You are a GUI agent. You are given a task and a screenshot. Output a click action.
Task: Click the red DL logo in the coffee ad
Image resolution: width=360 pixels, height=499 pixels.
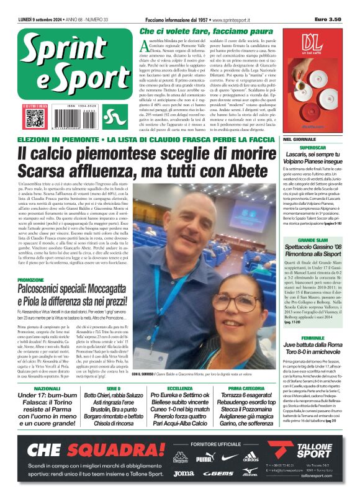[312, 42]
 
